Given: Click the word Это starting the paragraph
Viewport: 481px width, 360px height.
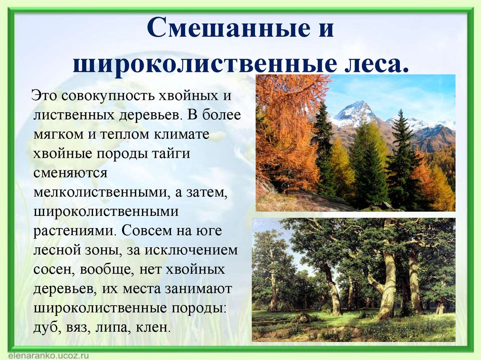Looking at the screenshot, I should pos(45,96).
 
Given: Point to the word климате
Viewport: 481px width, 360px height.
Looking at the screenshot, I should pos(190,134).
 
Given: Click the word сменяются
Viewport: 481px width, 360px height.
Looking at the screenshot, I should pos(70,173).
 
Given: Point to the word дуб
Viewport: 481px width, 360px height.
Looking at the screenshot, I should pos(45,327).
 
